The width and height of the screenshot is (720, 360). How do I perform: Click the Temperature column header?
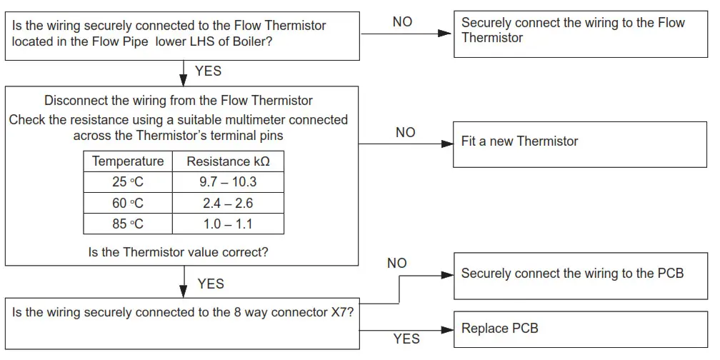click(128, 161)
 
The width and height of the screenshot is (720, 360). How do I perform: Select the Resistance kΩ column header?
click(228, 161)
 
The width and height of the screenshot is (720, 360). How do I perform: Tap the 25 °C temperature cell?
click(128, 182)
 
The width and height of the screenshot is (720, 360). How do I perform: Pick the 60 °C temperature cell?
click(128, 203)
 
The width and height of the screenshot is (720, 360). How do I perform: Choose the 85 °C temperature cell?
click(128, 224)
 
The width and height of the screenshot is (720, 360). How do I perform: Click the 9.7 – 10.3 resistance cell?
click(228, 182)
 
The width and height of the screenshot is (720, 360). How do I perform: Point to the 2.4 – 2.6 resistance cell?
click(228, 203)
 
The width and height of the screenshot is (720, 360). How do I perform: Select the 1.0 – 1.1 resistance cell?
click(228, 224)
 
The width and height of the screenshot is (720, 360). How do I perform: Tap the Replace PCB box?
click(579, 329)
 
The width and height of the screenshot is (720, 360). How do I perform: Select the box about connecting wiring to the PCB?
click(579, 275)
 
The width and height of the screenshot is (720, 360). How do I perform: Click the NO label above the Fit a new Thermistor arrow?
click(405, 133)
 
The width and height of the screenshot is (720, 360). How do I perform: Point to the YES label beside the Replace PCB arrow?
click(406, 339)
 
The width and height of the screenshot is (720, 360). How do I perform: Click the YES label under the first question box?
click(208, 71)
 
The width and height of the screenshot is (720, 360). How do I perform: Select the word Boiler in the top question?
click(256, 41)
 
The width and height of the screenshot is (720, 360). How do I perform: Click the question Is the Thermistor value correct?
click(179, 252)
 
